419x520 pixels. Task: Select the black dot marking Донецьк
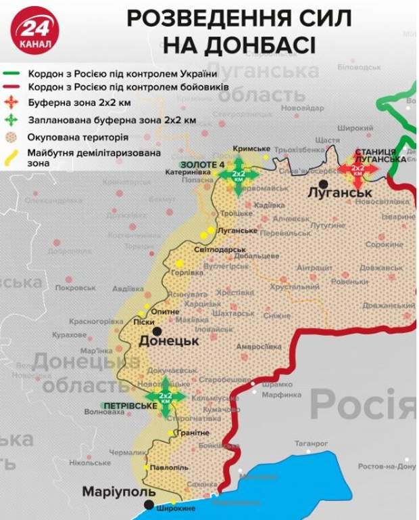point(157,331)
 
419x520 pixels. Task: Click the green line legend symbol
point(12,73)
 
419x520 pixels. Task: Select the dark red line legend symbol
point(12,87)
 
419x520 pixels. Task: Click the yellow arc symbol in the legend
point(12,157)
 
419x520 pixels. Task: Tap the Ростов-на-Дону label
point(387,467)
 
